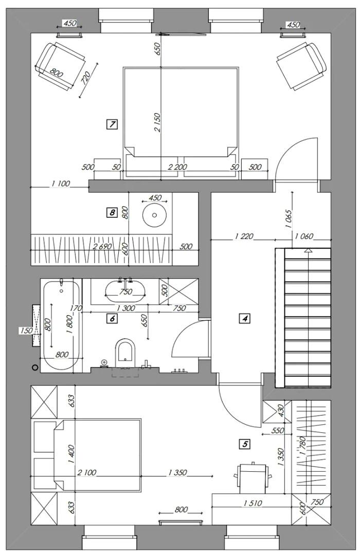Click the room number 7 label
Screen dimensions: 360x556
(112, 124)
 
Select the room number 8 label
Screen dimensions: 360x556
(112, 213)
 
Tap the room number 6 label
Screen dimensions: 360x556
(112, 319)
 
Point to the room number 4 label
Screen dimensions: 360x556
(245, 319)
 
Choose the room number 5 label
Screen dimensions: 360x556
(245, 443)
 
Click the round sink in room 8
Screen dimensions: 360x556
(154, 214)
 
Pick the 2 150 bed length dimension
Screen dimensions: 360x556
(157, 123)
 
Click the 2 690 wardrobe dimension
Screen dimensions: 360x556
(102, 246)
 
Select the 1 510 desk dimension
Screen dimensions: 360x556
(253, 503)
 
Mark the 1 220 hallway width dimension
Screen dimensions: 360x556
(244, 236)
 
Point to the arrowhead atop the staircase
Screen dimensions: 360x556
(308, 251)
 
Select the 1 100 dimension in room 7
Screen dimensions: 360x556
(61, 183)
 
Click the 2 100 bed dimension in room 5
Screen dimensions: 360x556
(86, 472)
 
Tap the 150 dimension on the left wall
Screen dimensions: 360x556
(25, 330)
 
